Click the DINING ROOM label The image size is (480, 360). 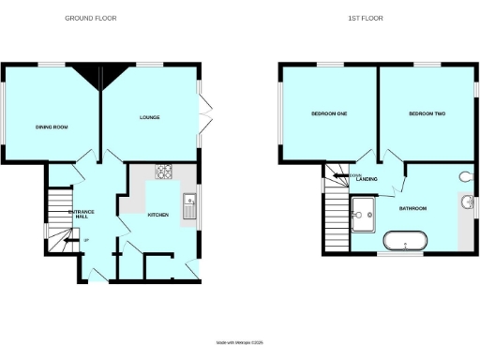click(x=53, y=127)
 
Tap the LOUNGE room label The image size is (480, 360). click(x=149, y=117)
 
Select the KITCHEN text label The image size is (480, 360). click(x=157, y=215)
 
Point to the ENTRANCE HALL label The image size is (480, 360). click(x=81, y=215)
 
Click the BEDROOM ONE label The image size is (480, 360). click(x=330, y=113)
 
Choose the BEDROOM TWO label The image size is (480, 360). click(x=427, y=113)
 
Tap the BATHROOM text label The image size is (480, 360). click(x=413, y=207)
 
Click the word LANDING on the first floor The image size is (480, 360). click(x=367, y=178)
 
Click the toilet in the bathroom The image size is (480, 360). click(x=466, y=176)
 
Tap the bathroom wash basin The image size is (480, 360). click(x=467, y=202)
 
